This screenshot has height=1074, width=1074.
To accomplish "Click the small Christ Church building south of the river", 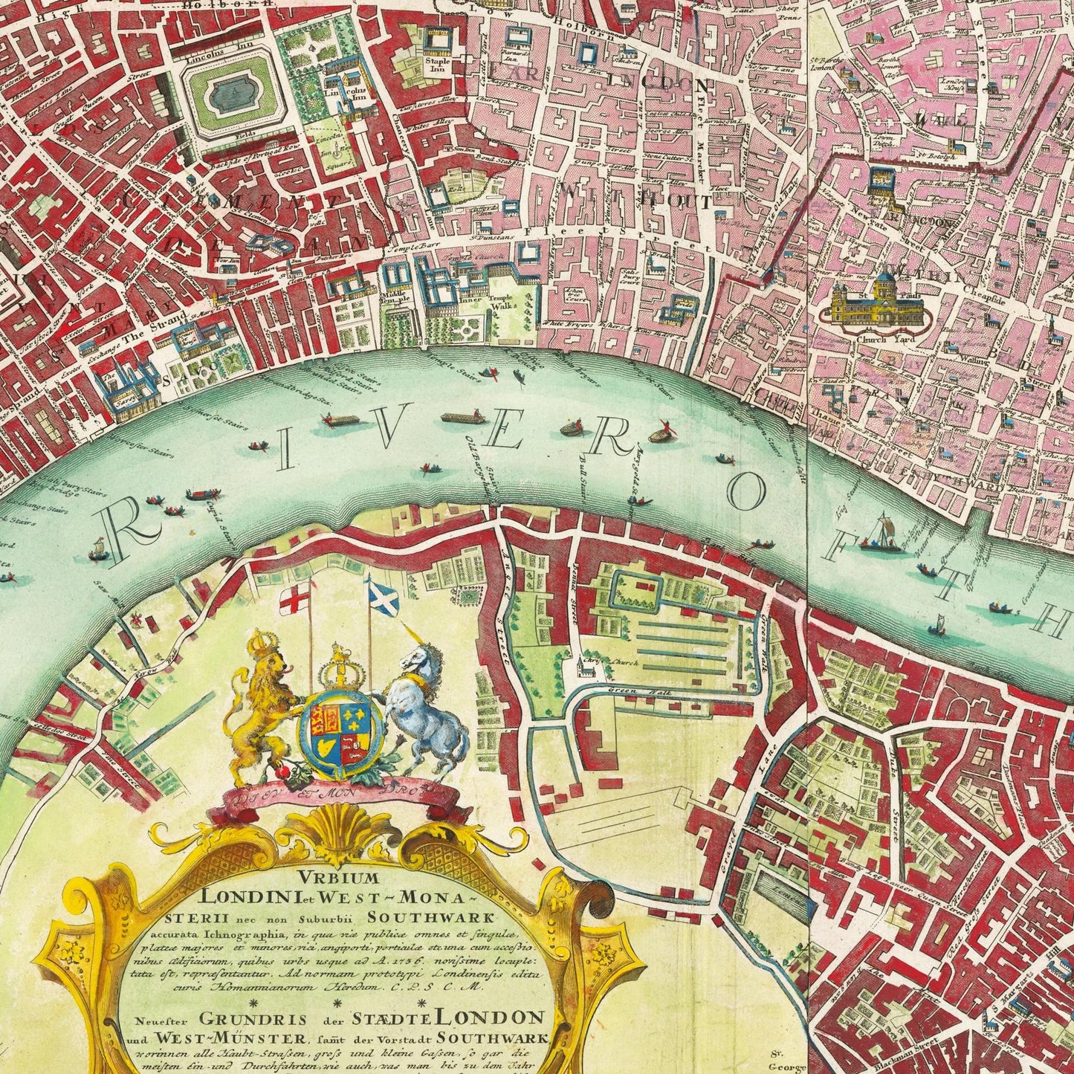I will [x=585, y=667].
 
